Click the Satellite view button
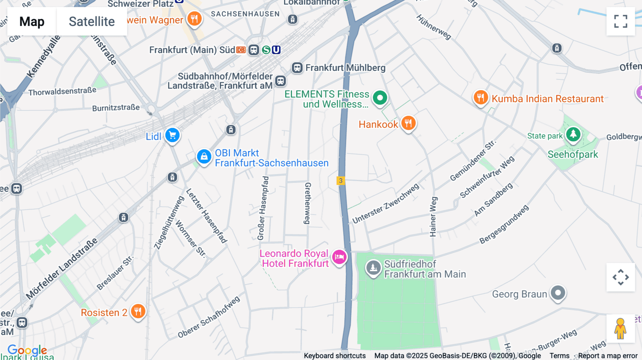point(92,21)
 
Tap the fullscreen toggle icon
point(621,21)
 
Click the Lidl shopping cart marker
point(173,135)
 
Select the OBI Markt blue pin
point(204,156)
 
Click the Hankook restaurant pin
point(408,123)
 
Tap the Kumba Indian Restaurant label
point(547,99)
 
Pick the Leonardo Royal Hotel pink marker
point(339,257)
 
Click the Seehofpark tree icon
point(573,134)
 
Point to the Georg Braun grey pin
point(558,293)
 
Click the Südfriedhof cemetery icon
point(373,267)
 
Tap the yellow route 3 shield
point(341,181)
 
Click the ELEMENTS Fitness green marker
point(380,97)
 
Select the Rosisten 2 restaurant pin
point(138,312)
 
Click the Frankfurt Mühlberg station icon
point(297,68)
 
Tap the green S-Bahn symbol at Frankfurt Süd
point(266,50)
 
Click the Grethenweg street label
point(307,203)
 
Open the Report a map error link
point(608,356)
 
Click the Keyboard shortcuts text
point(335,356)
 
